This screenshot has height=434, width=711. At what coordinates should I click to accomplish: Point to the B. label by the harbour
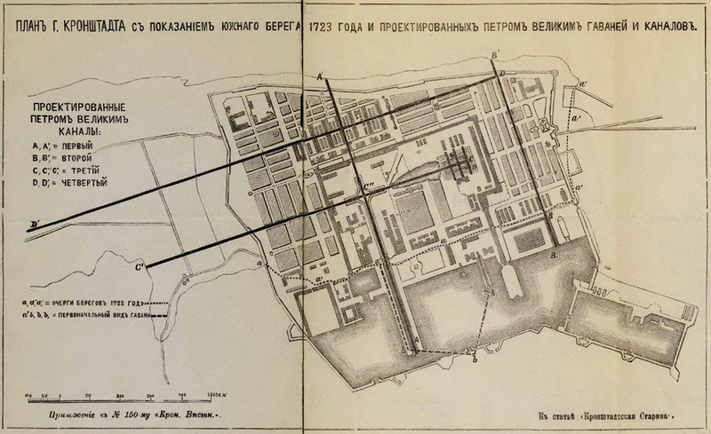click(555, 255)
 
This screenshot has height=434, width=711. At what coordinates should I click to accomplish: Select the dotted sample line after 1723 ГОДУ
click(158, 300)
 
